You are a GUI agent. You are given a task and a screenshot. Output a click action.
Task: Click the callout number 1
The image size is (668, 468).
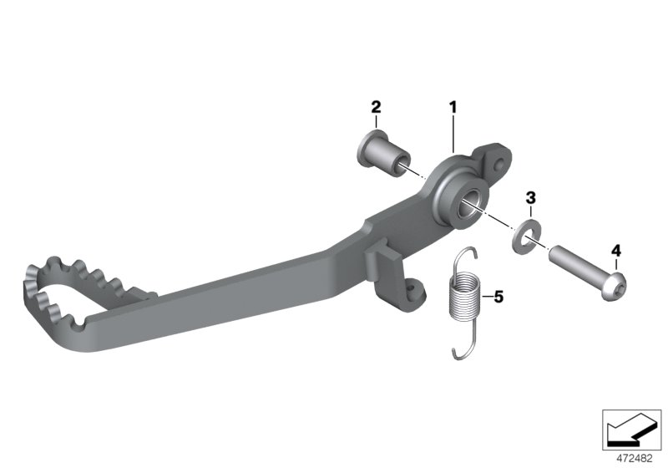453,107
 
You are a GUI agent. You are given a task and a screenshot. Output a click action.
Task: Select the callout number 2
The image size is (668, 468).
376,107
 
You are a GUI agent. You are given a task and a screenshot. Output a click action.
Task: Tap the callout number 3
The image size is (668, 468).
530,198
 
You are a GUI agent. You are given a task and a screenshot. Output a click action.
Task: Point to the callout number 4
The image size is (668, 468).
616,251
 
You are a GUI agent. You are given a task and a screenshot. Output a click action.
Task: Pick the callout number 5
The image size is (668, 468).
498,296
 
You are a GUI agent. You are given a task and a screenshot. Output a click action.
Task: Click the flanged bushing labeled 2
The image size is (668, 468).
383,155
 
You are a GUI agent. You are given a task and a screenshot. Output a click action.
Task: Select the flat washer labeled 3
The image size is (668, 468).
526,235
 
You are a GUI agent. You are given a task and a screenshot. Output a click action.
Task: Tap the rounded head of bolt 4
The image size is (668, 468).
615,285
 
